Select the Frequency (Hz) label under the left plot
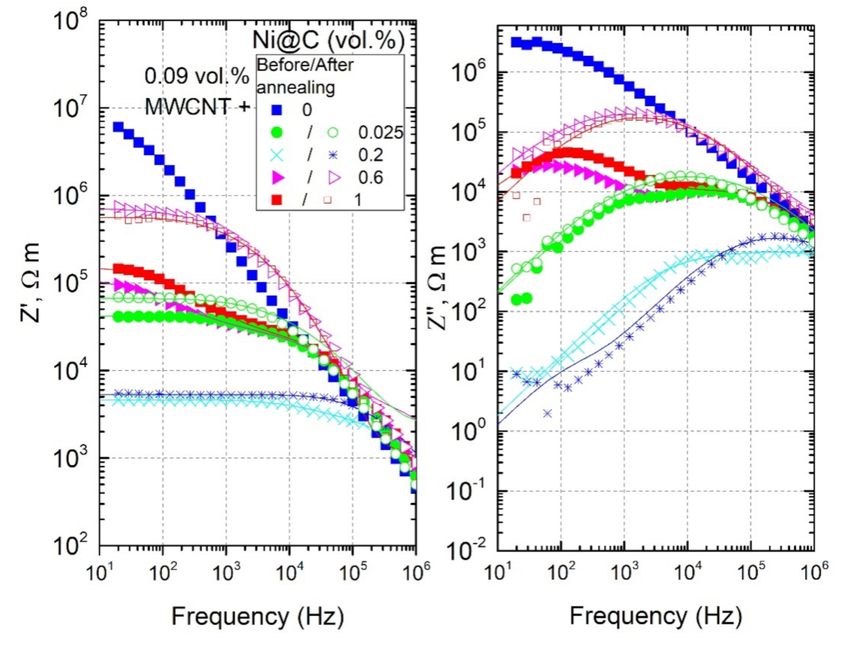257,616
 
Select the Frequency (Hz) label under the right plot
656,616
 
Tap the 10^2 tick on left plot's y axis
73,547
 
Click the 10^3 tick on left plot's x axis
226,573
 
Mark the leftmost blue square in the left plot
118,127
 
